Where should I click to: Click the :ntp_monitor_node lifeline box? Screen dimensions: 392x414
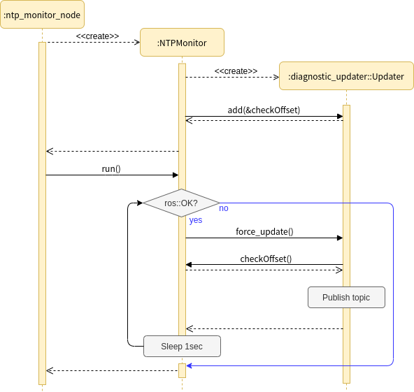42,15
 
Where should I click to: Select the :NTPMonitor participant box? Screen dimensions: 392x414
182,43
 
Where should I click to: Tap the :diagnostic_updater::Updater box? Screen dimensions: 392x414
345,77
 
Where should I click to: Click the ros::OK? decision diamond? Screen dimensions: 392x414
181,203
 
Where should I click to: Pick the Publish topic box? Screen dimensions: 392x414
346,297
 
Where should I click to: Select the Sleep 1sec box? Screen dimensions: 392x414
182,346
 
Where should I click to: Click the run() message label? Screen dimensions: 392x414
111,168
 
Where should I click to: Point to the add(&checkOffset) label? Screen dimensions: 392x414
264,110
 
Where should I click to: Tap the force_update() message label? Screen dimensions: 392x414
264,231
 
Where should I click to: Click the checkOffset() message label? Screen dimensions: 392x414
266,259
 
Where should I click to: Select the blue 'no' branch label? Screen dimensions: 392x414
224,208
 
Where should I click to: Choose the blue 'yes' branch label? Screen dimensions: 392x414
196,219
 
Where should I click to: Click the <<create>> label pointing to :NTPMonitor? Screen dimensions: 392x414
97,36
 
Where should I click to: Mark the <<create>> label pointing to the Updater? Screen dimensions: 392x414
236,71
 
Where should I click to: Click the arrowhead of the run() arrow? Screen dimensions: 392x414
176,175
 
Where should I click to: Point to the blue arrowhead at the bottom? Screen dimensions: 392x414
189,365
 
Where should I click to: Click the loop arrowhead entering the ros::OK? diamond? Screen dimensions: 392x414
139,203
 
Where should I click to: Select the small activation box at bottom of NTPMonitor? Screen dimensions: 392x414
182,370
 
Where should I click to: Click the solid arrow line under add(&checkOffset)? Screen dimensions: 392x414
264,117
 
